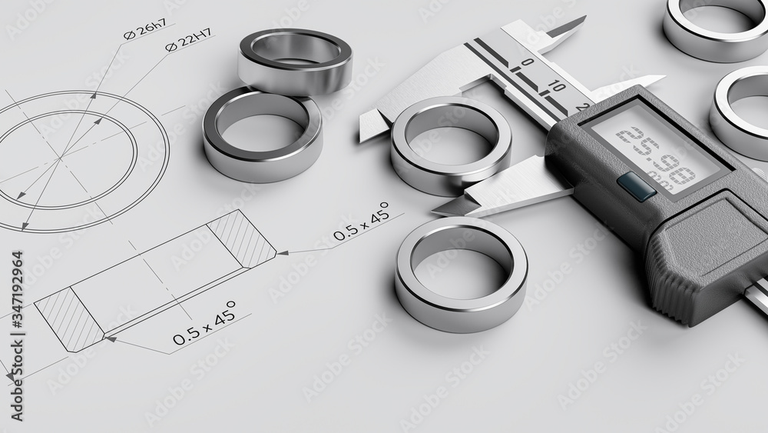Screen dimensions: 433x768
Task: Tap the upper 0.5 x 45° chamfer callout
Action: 360,223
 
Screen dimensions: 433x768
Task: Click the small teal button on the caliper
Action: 637,186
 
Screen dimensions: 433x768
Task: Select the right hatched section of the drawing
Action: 240,238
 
